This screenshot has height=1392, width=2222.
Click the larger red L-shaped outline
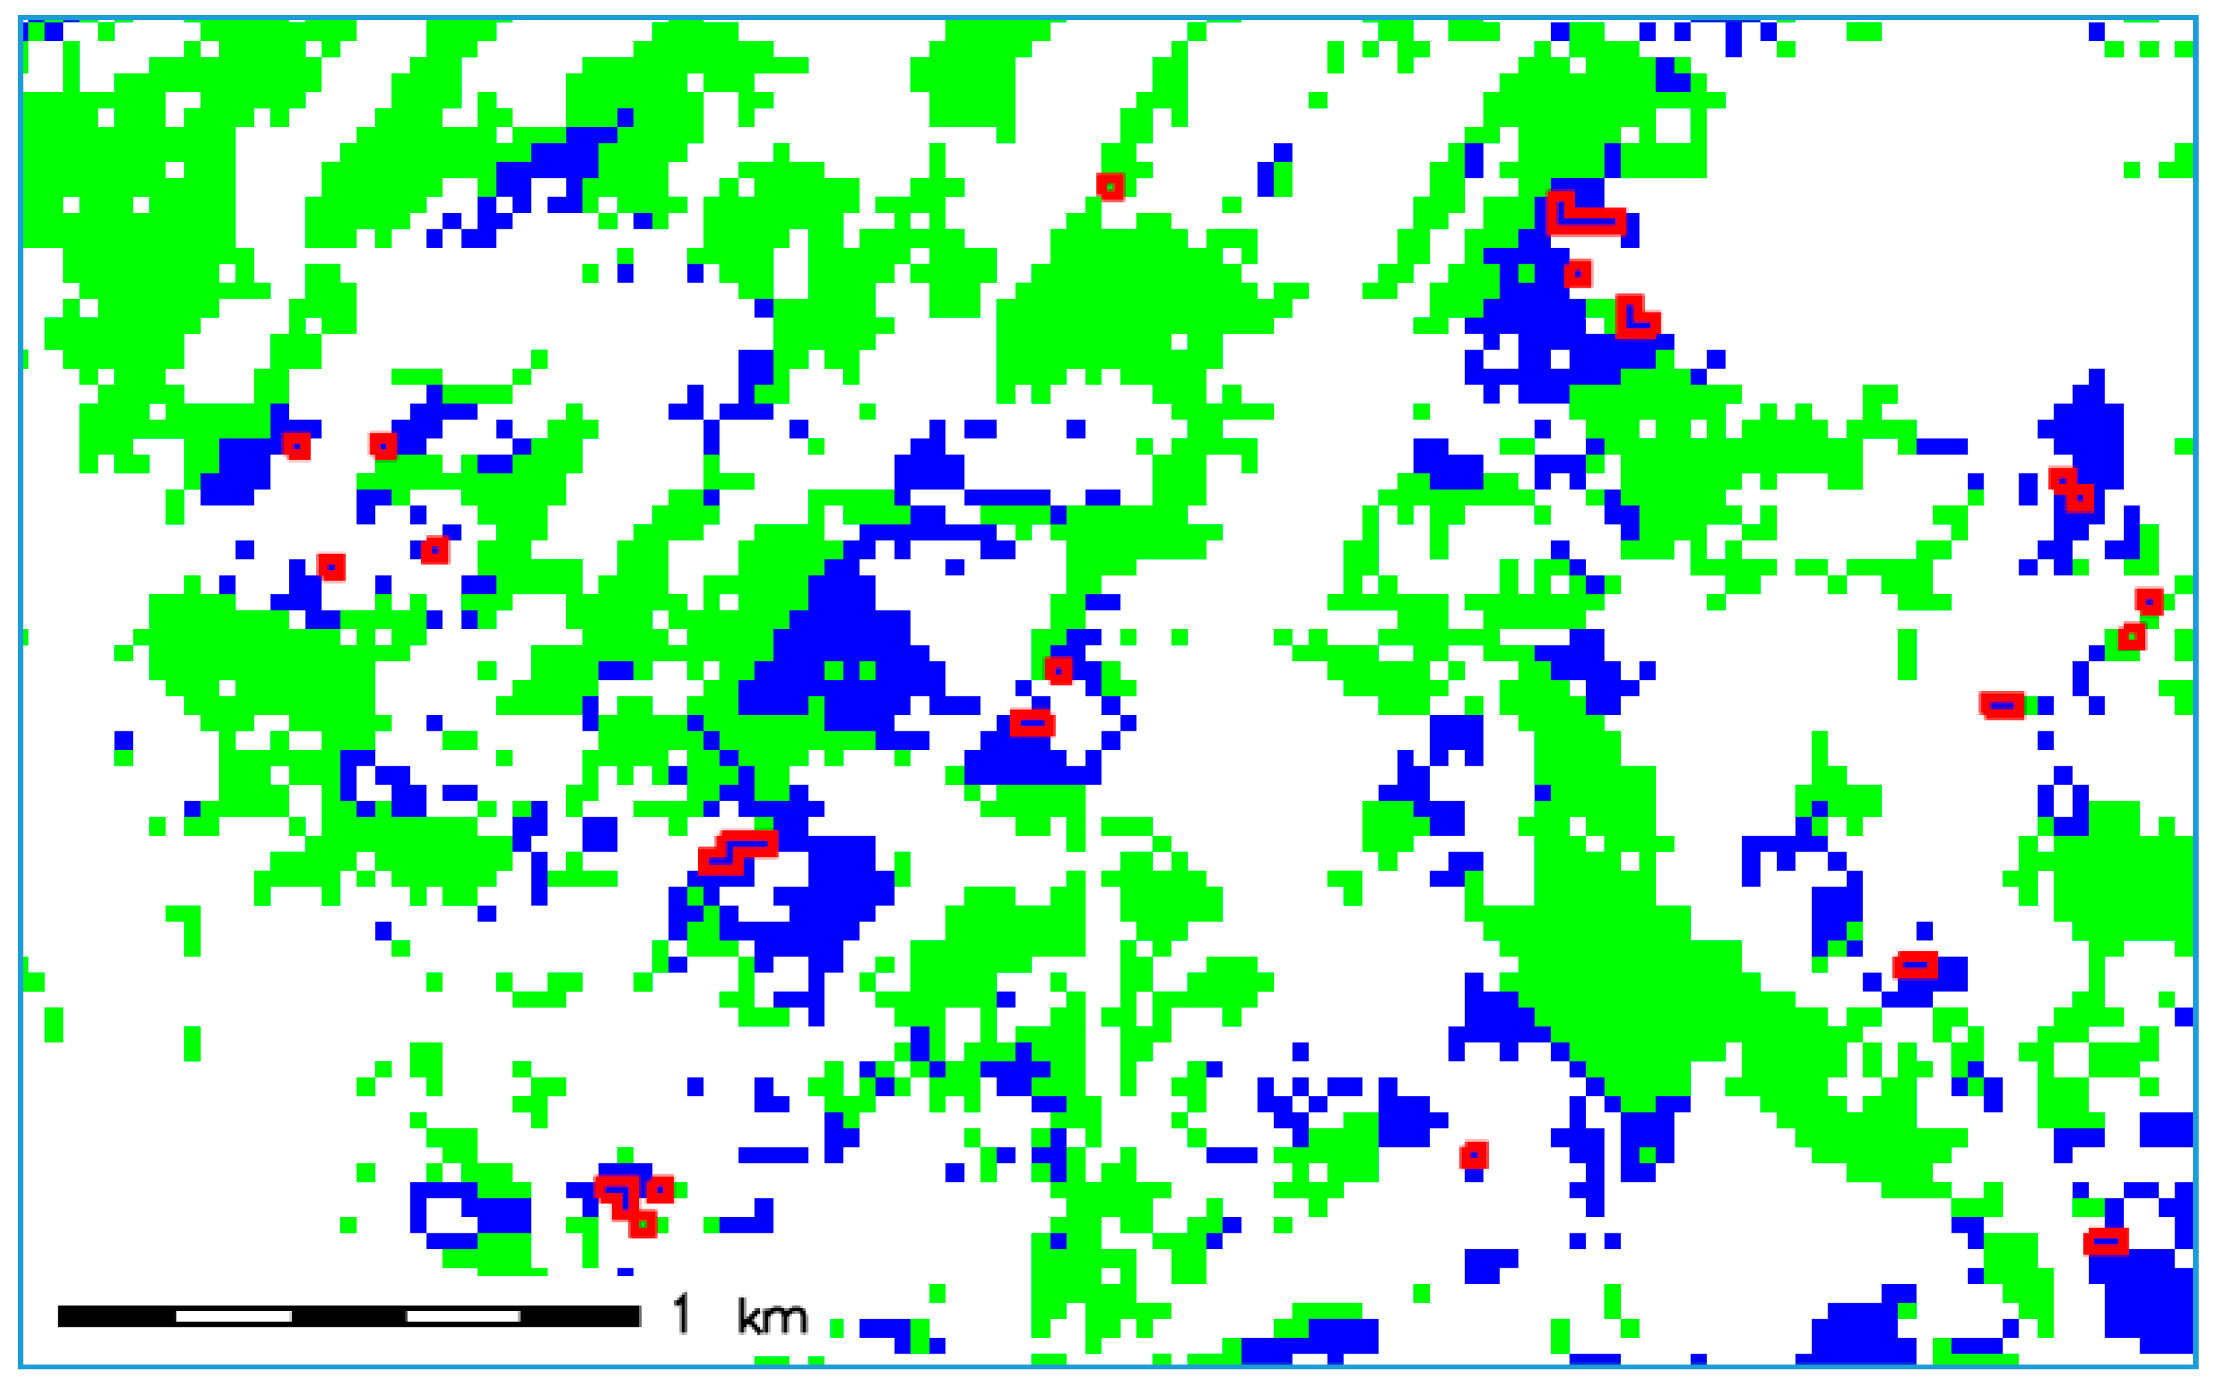coord(1583,217)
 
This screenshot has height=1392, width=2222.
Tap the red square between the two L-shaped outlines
coord(1578,273)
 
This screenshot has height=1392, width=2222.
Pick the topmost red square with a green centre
coord(1110,186)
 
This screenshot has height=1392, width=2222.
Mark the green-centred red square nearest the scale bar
coord(642,1224)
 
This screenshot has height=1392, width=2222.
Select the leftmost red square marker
coord(295,446)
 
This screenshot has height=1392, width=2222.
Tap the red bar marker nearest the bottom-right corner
coord(2105,1242)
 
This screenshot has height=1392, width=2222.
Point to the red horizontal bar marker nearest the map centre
coord(1031,722)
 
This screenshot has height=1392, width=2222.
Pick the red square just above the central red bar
coord(1058,670)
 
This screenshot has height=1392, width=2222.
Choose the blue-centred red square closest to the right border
coord(2148,601)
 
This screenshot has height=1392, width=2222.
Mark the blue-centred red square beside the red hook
coord(660,1189)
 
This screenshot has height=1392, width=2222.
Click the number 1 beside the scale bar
coord(680,1314)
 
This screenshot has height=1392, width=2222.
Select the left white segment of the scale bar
coord(234,1316)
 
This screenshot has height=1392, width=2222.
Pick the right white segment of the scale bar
coord(463,1316)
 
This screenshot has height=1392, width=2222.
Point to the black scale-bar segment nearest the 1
coord(580,1316)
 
